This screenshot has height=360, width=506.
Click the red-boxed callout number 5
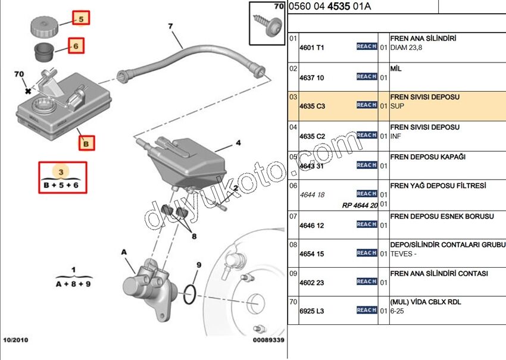[82, 18]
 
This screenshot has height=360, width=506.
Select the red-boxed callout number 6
[76, 45]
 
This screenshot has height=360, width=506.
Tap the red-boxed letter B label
[86, 143]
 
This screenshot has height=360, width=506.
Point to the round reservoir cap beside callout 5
[46, 27]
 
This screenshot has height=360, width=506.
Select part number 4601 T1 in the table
[313, 47]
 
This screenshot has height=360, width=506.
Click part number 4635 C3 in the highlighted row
[313, 106]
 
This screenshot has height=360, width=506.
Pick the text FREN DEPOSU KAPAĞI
[427, 156]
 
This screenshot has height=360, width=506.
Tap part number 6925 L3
[313, 311]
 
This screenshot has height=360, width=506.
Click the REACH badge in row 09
[367, 281]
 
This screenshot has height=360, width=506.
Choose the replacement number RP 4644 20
[360, 205]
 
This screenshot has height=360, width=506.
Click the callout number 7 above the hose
[170, 26]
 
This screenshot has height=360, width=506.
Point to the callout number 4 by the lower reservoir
[238, 143]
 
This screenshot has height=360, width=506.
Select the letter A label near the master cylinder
[124, 252]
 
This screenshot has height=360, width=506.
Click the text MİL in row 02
[396, 68]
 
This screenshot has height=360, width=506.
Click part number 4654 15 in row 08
[312, 254]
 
